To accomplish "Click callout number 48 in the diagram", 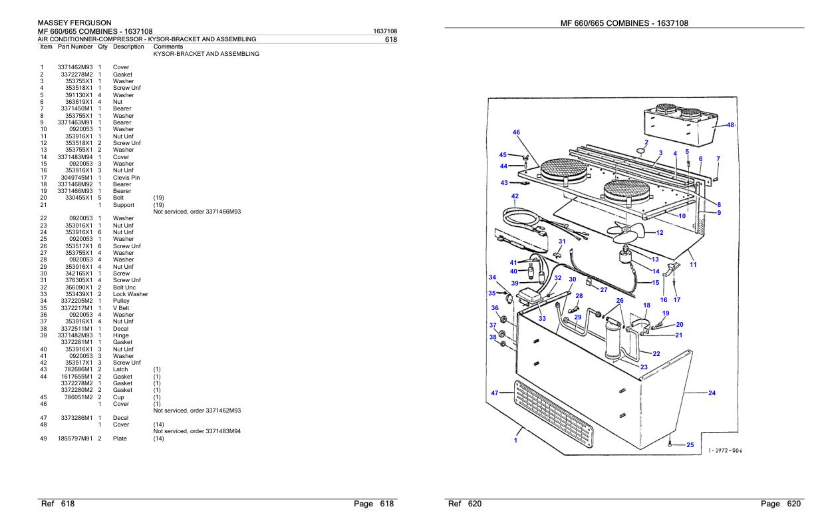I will tap(731, 125).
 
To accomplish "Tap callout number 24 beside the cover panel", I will tap(712, 393).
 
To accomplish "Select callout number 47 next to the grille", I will tap(495, 393).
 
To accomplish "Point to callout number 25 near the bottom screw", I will tap(690, 445).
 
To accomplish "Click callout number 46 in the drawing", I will tap(516, 132).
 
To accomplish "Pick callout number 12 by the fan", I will tap(659, 233).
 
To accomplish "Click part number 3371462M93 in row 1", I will tap(74, 68).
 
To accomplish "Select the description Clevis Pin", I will tap(126, 178).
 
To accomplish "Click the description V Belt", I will tap(123, 308).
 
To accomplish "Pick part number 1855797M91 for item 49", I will tap(74, 439).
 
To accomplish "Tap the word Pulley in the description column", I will tap(122, 301).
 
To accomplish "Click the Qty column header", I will tap(102, 47).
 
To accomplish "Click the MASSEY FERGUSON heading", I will tap(74, 23).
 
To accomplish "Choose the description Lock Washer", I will tap(130, 294).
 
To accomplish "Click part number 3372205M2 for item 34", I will tap(76, 301).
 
